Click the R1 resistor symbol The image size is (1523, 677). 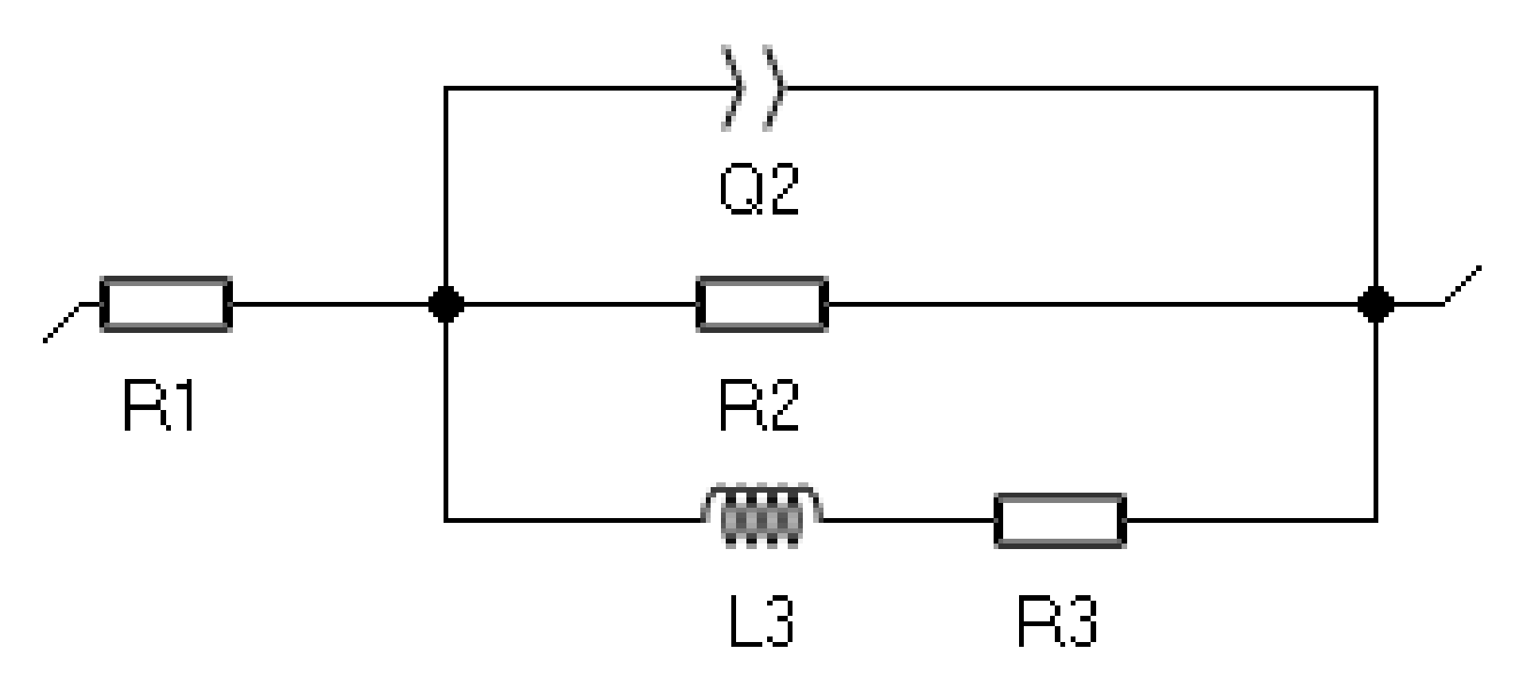(x=166, y=304)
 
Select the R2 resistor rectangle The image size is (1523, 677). (x=761, y=304)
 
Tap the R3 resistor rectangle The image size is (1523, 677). (x=1060, y=520)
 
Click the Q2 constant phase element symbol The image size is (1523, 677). (x=752, y=87)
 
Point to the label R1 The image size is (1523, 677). (x=160, y=406)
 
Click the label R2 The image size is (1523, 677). (x=758, y=406)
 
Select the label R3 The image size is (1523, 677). (x=1057, y=621)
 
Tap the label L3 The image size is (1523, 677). (x=761, y=621)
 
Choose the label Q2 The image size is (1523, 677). (x=758, y=189)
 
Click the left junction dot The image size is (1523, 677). (x=445, y=304)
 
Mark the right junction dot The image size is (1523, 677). (x=1375, y=304)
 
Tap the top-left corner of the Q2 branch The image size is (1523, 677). (x=445, y=87)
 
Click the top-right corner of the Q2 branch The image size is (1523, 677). (x=1375, y=87)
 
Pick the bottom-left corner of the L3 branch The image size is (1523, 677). (x=445, y=520)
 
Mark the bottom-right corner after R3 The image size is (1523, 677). (x=1375, y=520)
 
